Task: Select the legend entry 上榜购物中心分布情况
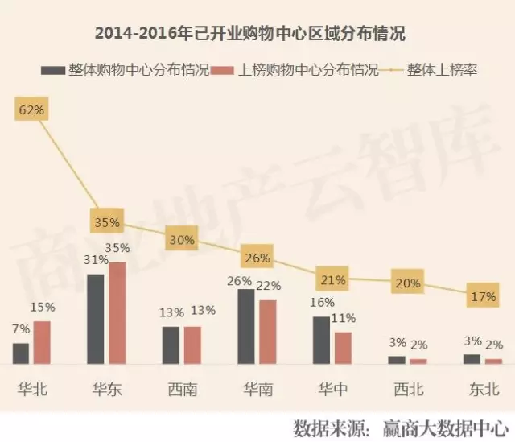(298, 70)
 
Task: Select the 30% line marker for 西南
(182, 239)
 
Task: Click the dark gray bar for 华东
(96, 319)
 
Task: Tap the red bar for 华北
(42, 342)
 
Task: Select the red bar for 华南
(268, 332)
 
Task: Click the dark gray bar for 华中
(321, 340)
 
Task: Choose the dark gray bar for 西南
(171, 345)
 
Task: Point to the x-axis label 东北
(484, 390)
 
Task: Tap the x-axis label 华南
(257, 390)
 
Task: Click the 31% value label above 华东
(97, 260)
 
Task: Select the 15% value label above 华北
(43, 307)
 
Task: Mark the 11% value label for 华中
(344, 318)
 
